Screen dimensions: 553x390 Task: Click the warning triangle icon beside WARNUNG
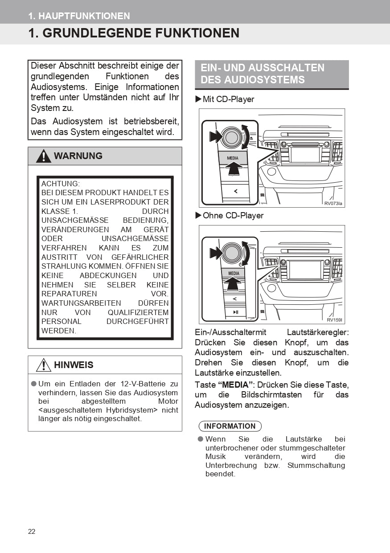coord(44,156)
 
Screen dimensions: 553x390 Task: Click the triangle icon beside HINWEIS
coord(43,365)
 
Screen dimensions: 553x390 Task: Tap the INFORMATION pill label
coord(230,426)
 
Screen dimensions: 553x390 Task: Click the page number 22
coord(32,531)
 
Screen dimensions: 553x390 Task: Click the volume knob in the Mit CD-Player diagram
coord(231,138)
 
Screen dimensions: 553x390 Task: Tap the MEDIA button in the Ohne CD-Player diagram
coord(234,273)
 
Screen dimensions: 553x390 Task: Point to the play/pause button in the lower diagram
coord(235,312)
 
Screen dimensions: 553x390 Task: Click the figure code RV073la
coord(333,204)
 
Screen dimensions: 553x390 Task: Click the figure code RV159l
coord(335,320)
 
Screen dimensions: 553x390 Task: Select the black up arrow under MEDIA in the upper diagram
coord(233,168)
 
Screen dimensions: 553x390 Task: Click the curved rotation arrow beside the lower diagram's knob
coord(246,253)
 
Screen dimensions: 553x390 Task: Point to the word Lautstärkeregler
coord(318,332)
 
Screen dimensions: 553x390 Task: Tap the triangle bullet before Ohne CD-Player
coord(198,215)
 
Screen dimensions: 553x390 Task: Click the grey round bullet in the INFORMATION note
coord(201,439)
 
